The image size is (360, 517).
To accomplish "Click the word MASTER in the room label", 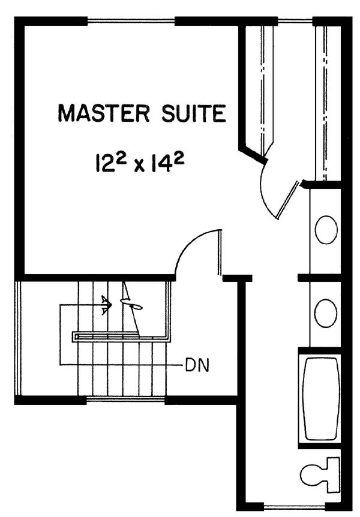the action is point(104,113).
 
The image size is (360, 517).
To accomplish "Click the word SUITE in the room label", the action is point(194,113).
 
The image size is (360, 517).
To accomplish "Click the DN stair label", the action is point(197,365).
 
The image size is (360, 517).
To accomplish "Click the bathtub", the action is point(322,399).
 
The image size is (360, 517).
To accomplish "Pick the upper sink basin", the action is point(326,230).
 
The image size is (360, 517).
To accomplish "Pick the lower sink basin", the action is point(326,313).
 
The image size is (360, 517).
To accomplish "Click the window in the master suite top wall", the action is point(131,22).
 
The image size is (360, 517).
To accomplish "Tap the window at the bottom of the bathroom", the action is point(295,506).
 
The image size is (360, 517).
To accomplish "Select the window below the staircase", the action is point(126,399).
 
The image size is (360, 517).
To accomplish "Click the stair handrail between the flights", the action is point(121,336).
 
